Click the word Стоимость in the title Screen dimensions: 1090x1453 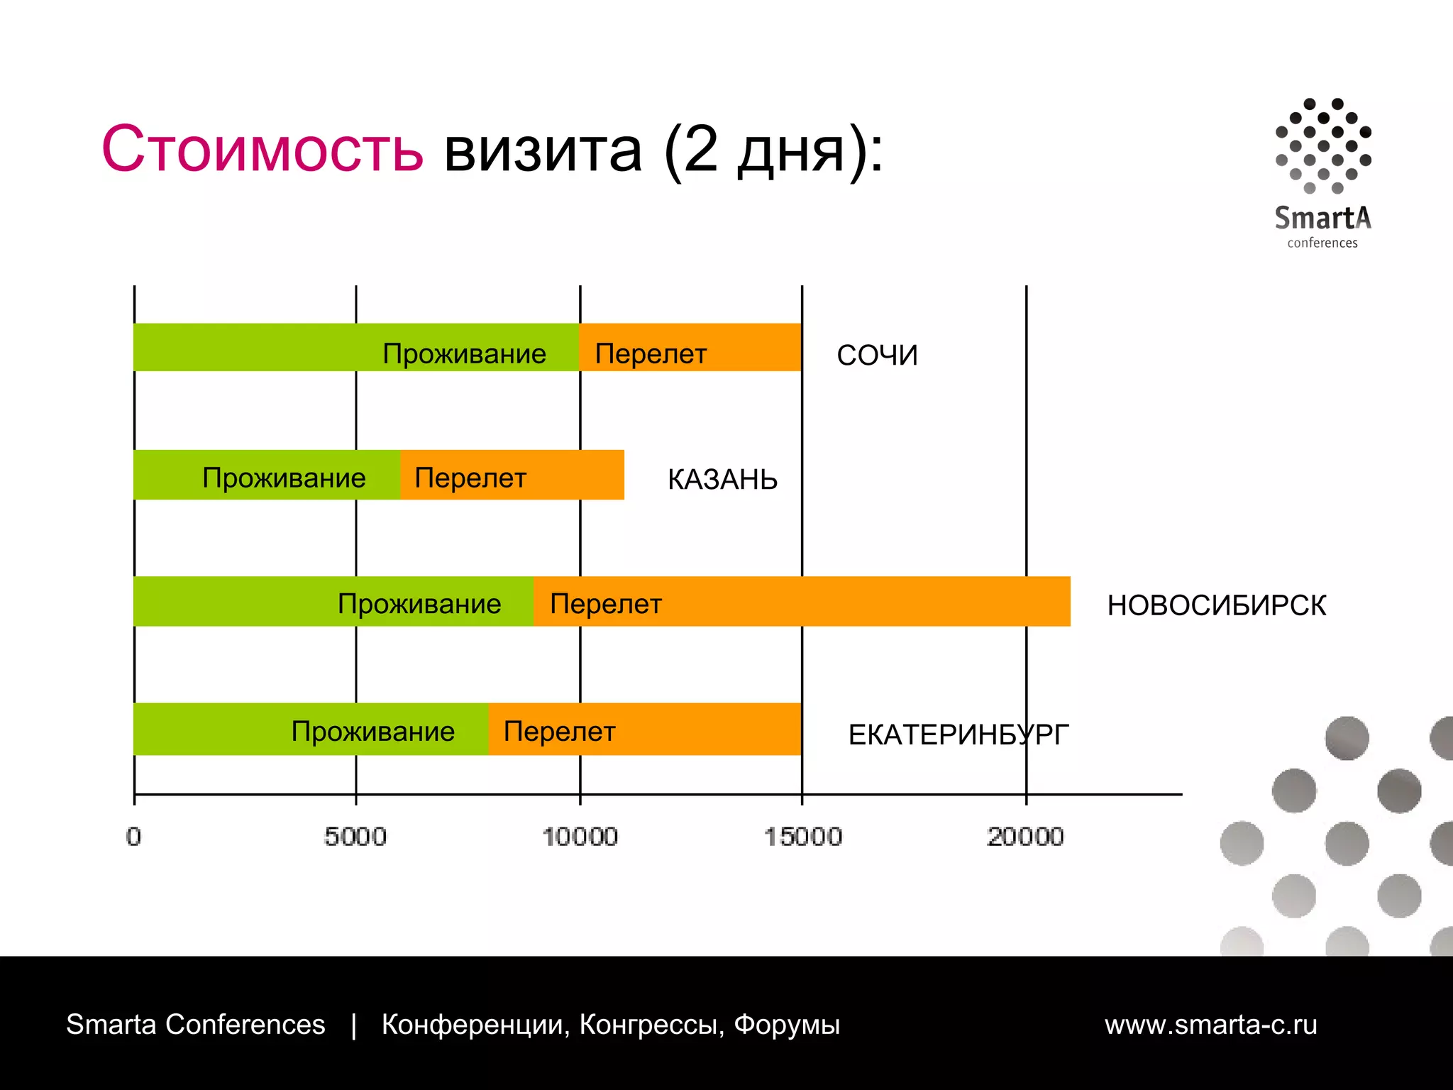click(x=263, y=149)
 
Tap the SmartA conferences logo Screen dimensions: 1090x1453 click(x=1323, y=174)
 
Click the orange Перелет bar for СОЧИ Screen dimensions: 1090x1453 click(x=690, y=348)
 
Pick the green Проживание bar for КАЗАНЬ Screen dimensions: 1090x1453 click(x=267, y=475)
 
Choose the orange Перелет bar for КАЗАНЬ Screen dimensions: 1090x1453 click(x=512, y=475)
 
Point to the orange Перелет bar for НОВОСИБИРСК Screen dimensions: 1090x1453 click(x=802, y=602)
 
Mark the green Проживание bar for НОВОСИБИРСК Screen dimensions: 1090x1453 click(x=333, y=602)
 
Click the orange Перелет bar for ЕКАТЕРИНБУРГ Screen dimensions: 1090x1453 click(x=645, y=730)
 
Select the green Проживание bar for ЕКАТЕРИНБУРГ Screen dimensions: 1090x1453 click(x=311, y=730)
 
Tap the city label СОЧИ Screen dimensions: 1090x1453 click(x=877, y=356)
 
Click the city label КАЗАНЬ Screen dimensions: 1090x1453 click(x=722, y=480)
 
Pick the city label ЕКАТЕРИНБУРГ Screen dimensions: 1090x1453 click(x=958, y=735)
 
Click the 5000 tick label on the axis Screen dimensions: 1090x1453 click(x=355, y=837)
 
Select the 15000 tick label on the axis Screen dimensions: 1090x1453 click(x=802, y=837)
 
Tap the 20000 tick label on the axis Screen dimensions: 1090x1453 click(x=1025, y=837)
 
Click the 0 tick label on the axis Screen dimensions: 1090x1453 click(x=133, y=837)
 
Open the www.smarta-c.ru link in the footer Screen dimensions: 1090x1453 click(x=1210, y=1025)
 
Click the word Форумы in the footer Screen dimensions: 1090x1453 click(x=786, y=1025)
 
